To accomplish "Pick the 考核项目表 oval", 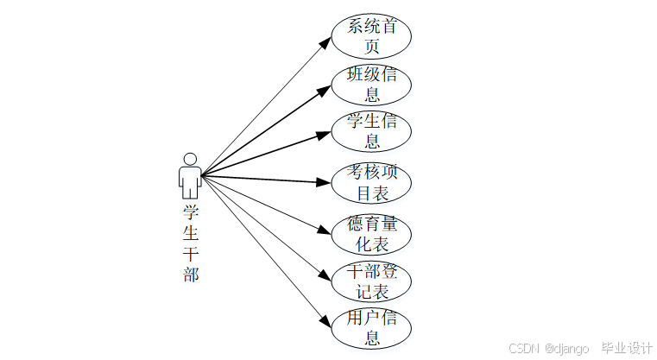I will click(372, 182).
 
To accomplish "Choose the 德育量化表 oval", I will click(372, 235).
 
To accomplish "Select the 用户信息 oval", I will click(372, 327).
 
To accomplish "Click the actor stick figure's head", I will click(190, 160).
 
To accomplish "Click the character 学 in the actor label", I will click(191, 212).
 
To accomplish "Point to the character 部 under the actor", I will click(191, 275).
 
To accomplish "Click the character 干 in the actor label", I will click(191, 255).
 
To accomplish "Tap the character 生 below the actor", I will click(191, 234).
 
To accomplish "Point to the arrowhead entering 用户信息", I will click(326, 323).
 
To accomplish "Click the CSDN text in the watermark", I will click(524, 348).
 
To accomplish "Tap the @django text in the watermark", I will click(566, 348).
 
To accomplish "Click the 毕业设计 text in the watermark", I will click(627, 348).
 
